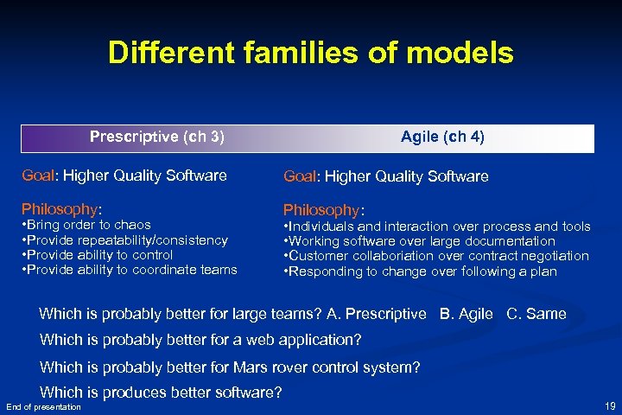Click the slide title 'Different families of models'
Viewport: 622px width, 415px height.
point(310,54)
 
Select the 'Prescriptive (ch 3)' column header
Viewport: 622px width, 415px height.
point(157,137)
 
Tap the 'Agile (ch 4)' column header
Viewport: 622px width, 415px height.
point(442,137)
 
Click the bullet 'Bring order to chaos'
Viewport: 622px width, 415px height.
point(86,225)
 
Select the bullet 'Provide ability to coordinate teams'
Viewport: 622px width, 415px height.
point(129,270)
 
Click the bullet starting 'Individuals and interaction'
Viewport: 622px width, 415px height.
point(437,227)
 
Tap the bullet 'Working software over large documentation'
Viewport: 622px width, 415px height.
point(420,241)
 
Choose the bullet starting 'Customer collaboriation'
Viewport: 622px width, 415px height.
point(436,256)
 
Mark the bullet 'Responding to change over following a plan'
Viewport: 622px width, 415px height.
point(421,271)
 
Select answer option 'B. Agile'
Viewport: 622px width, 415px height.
point(466,314)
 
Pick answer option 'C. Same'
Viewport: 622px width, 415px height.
point(535,314)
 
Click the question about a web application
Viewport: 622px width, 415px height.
point(200,340)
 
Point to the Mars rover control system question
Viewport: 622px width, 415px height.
point(230,367)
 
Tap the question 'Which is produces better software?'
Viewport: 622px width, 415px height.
point(161,393)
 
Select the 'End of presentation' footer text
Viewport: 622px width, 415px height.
point(43,406)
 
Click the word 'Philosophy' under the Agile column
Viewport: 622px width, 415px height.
point(322,210)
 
